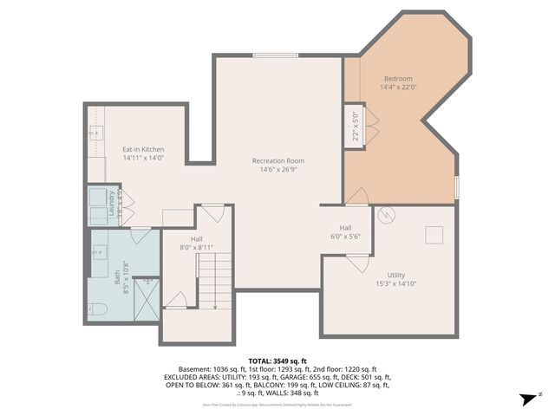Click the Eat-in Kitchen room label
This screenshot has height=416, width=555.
(x=143, y=150)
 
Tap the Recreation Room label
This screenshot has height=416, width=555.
(x=278, y=160)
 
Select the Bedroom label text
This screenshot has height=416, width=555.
(x=398, y=78)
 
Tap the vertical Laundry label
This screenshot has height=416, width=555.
(x=112, y=204)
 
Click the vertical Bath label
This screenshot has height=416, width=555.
(x=118, y=277)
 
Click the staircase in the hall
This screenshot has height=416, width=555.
(x=215, y=282)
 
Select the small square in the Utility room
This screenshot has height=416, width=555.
(x=433, y=235)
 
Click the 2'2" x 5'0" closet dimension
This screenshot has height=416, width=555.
(x=355, y=127)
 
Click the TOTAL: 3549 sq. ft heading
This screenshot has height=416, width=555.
(x=277, y=361)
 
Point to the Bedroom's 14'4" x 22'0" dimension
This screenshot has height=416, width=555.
(x=398, y=87)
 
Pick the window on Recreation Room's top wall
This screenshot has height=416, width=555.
(x=277, y=55)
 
